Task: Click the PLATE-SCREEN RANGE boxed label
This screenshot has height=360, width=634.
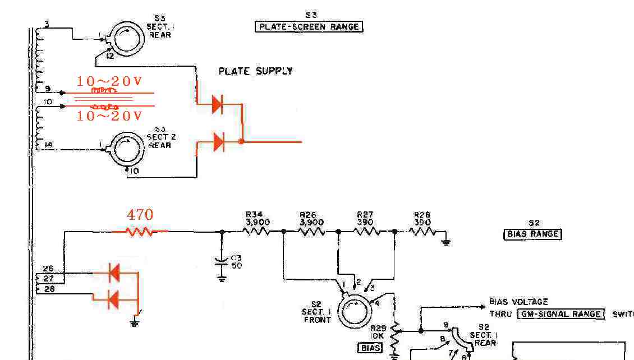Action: pos(309,26)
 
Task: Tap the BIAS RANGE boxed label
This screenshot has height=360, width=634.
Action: pos(532,234)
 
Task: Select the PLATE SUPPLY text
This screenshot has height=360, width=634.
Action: pos(255,71)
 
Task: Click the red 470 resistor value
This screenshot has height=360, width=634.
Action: pos(140,215)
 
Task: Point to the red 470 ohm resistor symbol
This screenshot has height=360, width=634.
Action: pos(140,231)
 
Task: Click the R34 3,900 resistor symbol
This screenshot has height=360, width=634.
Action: pos(258,231)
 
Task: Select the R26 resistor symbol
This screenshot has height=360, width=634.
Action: pos(312,231)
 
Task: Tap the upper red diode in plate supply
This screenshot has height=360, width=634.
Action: pos(218,104)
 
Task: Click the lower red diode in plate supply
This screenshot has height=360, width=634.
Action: pos(218,142)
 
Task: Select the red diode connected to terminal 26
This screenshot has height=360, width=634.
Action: pos(113,273)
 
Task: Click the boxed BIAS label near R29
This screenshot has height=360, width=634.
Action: pos(370,348)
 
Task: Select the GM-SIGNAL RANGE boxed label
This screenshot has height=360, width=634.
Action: pos(561,314)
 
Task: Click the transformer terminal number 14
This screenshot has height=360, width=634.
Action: pos(48,145)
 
